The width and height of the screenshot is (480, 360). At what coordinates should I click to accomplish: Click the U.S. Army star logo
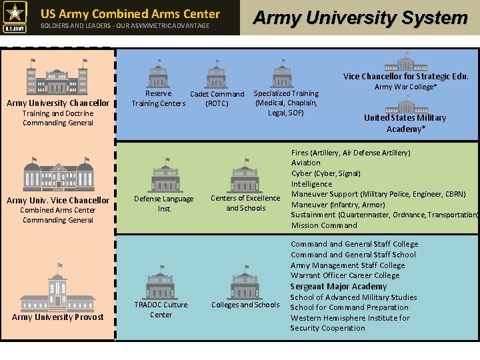click(15, 17)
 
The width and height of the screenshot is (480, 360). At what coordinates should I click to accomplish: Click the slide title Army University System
click(360, 18)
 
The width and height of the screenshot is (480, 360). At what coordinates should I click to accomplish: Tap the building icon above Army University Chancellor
click(57, 77)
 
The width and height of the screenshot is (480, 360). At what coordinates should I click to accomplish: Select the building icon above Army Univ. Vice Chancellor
click(58, 174)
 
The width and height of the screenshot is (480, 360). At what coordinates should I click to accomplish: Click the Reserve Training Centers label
click(158, 99)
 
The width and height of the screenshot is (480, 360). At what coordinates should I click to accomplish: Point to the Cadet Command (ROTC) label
click(217, 99)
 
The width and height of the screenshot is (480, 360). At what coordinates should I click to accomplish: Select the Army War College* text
click(405, 87)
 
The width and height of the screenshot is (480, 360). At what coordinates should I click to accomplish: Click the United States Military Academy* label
click(405, 123)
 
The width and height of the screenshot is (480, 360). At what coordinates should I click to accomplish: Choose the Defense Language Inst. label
click(164, 203)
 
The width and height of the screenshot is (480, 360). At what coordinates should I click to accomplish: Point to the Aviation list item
click(305, 163)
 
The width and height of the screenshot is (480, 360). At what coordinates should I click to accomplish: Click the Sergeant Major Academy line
click(338, 287)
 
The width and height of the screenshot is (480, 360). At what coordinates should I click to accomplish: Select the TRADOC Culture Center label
click(161, 309)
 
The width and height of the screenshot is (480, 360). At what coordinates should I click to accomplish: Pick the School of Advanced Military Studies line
click(353, 297)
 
